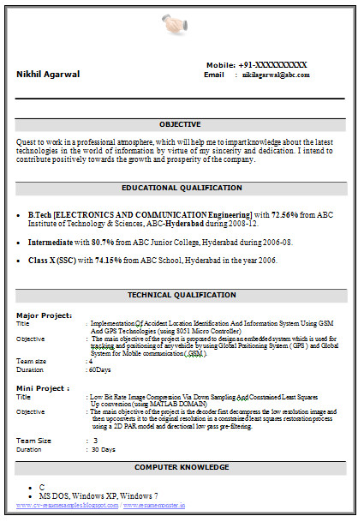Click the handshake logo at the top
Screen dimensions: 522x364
178,27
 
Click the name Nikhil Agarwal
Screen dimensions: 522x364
48,74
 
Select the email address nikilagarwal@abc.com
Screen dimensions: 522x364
275,75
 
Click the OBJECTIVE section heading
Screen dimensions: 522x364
181,124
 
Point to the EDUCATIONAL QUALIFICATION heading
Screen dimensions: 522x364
182,188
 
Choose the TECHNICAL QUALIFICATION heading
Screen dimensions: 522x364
181,295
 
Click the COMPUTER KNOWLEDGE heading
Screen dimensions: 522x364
182,467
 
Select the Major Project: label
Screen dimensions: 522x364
44,315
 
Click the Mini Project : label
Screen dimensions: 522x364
43,387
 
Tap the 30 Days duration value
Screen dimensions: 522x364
104,449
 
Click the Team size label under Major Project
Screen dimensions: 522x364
33,361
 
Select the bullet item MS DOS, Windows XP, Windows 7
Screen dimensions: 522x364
98,495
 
